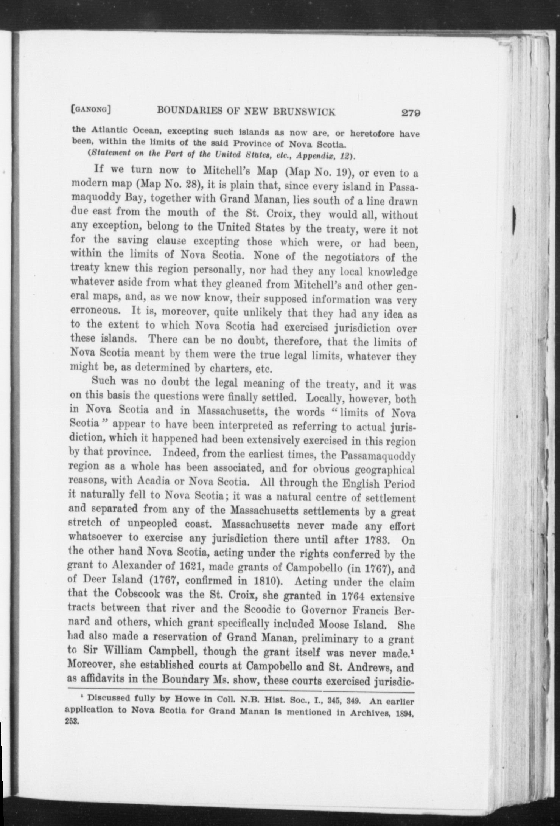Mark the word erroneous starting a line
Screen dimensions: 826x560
pos(98,311)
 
